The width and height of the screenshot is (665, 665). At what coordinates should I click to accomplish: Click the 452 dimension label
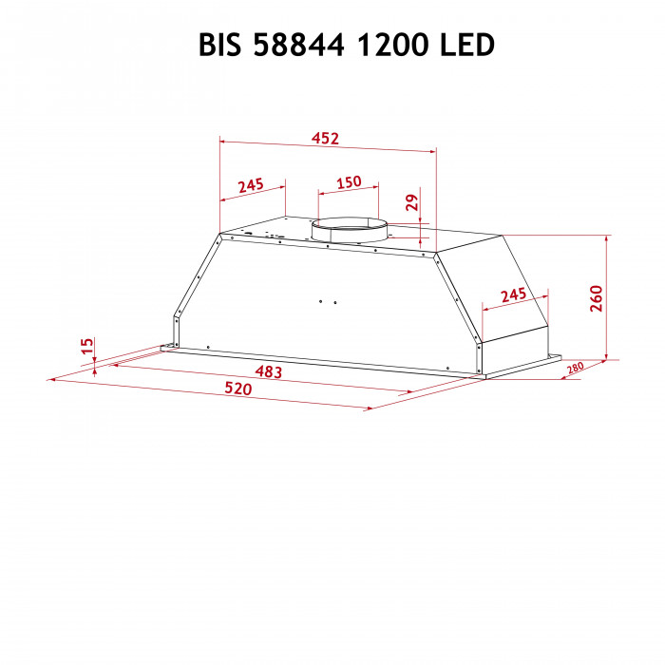click(326, 139)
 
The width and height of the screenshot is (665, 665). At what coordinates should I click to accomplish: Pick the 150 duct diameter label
click(349, 181)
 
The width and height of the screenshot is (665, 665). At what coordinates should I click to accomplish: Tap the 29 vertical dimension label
click(411, 201)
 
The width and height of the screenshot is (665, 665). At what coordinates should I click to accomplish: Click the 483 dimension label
click(268, 372)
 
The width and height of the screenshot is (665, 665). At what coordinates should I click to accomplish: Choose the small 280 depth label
click(574, 369)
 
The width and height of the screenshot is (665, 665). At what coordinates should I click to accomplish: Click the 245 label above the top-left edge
click(250, 184)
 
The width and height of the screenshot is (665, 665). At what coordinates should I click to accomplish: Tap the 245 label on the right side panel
click(512, 294)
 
